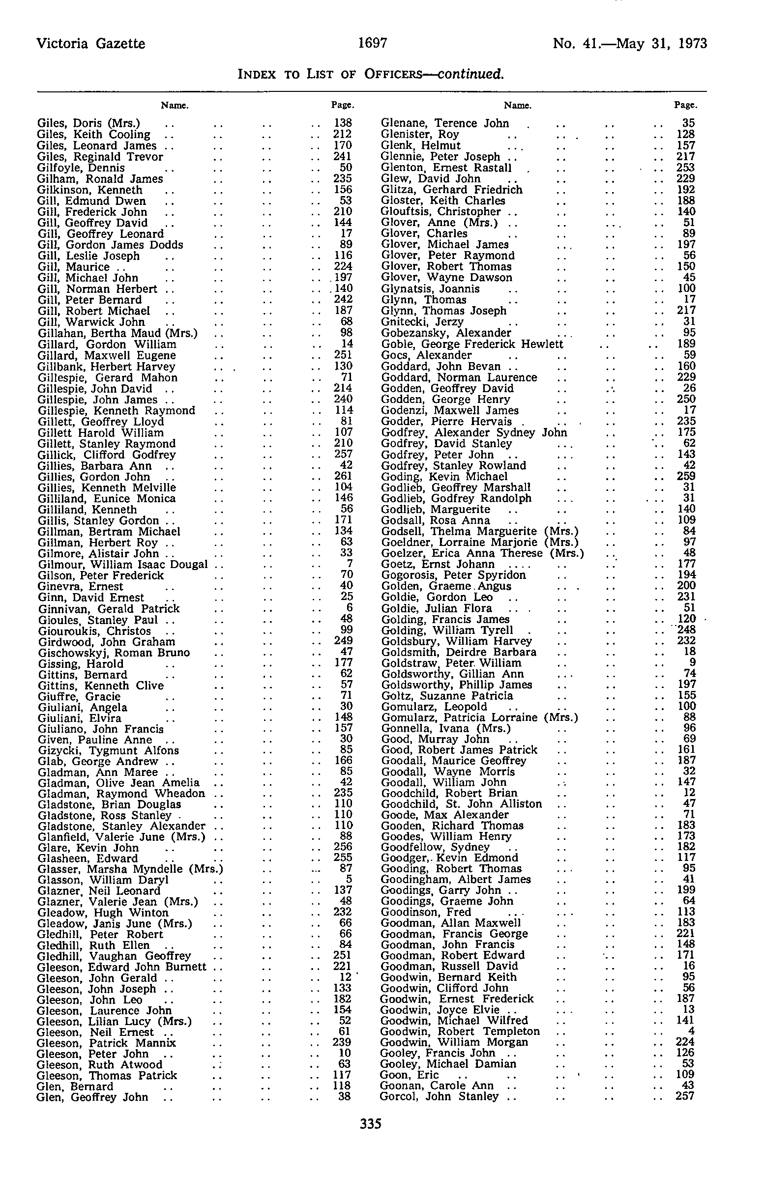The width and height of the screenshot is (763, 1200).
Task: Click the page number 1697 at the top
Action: (373, 43)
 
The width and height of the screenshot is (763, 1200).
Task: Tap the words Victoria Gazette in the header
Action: (91, 44)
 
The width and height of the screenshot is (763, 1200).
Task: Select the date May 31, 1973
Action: (661, 44)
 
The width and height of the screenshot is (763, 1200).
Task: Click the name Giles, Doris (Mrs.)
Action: (89, 123)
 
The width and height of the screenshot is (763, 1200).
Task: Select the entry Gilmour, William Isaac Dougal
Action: (123, 565)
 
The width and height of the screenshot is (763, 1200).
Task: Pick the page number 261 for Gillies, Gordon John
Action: (343, 476)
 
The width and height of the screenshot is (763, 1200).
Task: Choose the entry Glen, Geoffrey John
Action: (92, 1097)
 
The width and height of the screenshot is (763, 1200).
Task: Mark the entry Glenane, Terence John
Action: (445, 123)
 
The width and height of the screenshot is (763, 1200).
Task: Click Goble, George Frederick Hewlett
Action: (472, 344)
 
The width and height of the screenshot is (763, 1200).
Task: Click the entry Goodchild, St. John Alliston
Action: (461, 804)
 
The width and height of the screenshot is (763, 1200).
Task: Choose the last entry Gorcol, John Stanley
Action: (440, 1096)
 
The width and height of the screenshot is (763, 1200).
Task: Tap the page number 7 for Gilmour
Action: (350, 565)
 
